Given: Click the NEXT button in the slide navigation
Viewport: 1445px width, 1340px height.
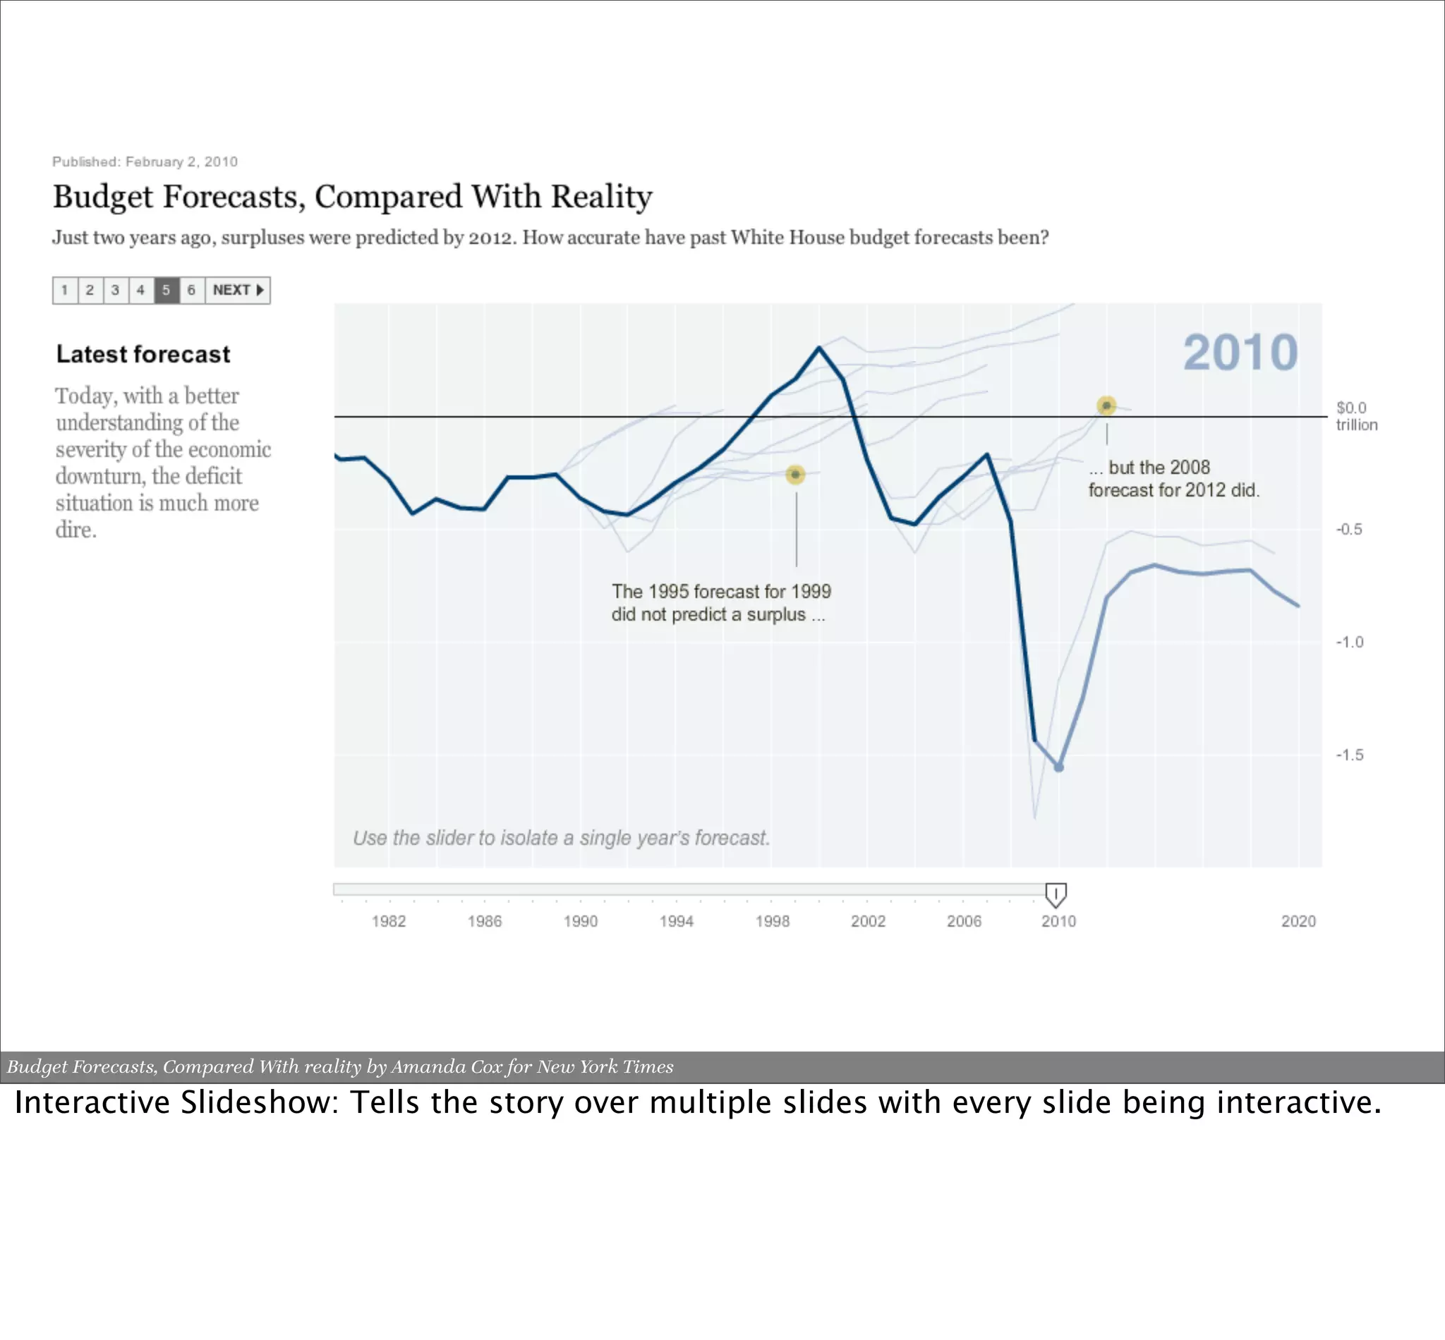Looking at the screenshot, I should click(x=237, y=290).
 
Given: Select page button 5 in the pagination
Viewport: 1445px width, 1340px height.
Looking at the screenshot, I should click(x=166, y=290).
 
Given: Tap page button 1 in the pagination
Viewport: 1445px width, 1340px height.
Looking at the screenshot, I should click(x=65, y=290).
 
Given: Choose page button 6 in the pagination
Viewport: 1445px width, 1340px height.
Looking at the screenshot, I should click(x=191, y=290).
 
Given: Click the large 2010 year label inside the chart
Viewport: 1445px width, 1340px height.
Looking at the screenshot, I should click(x=1240, y=353).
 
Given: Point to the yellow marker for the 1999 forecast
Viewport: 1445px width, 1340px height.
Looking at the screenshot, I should click(x=795, y=474).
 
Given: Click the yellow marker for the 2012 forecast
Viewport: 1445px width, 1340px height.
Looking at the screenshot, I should click(x=1106, y=406).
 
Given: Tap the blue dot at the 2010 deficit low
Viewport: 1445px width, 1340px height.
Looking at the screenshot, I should click(x=1058, y=767).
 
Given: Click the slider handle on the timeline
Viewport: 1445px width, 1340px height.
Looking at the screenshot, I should click(x=1056, y=895).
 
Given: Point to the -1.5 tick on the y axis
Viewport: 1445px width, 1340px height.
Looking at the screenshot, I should click(x=1349, y=755).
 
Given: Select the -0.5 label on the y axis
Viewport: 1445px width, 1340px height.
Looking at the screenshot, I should click(x=1349, y=530).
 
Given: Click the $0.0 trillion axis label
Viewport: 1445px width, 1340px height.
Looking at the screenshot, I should click(x=1355, y=416).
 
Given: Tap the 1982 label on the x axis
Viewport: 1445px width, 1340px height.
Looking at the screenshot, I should click(x=389, y=921).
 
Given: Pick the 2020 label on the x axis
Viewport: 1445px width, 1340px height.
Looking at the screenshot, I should click(x=1298, y=921).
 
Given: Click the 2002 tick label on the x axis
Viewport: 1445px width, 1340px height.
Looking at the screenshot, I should click(x=868, y=921).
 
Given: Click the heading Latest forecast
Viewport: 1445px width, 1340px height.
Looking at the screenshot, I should click(x=143, y=354).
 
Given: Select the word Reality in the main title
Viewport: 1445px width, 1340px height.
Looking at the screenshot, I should click(x=601, y=197).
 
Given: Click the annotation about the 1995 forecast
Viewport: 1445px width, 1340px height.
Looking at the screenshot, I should click(x=720, y=602).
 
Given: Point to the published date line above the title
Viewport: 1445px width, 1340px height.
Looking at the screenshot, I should click(x=145, y=162).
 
